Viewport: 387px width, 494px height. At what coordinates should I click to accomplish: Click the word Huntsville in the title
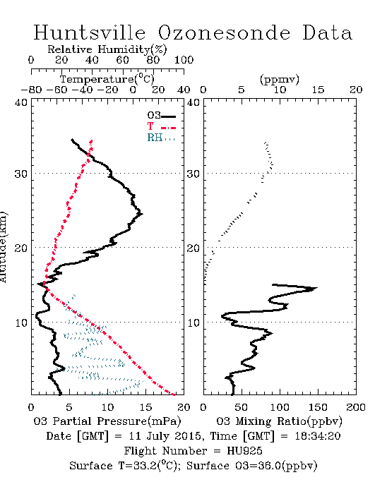pyautogui.click(x=89, y=32)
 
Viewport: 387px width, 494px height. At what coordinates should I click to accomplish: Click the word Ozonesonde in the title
pyautogui.click(x=223, y=32)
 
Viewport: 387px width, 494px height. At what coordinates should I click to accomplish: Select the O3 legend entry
pyautogui.click(x=161, y=116)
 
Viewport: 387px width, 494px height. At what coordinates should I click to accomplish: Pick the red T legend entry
pyautogui.click(x=161, y=126)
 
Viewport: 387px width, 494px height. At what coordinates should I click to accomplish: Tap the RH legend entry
pyautogui.click(x=161, y=138)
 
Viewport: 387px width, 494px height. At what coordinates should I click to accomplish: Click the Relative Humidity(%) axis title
pyautogui.click(x=107, y=49)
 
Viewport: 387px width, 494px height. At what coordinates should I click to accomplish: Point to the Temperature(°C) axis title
pyautogui.click(x=107, y=79)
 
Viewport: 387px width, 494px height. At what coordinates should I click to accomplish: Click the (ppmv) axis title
pyautogui.click(x=280, y=79)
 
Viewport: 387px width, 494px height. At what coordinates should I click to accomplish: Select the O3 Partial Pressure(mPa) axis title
pyautogui.click(x=107, y=421)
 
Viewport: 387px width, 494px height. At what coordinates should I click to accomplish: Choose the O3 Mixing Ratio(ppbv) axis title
pyautogui.click(x=279, y=421)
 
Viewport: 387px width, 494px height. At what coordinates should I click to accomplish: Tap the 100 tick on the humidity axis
pyautogui.click(x=184, y=60)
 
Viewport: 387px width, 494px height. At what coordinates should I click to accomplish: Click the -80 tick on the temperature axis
pyautogui.click(x=31, y=90)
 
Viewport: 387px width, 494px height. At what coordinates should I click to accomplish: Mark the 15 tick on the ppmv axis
pyautogui.click(x=318, y=90)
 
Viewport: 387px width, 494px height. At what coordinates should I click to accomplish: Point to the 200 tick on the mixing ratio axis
pyautogui.click(x=356, y=407)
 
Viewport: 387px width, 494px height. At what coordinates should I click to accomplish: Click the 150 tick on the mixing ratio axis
pyautogui.click(x=318, y=407)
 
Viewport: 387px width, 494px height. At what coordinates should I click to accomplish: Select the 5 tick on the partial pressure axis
pyautogui.click(x=69, y=407)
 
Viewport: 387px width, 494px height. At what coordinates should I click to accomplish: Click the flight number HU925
pyautogui.click(x=244, y=451)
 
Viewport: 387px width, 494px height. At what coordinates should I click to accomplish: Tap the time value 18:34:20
pyautogui.click(x=318, y=436)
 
